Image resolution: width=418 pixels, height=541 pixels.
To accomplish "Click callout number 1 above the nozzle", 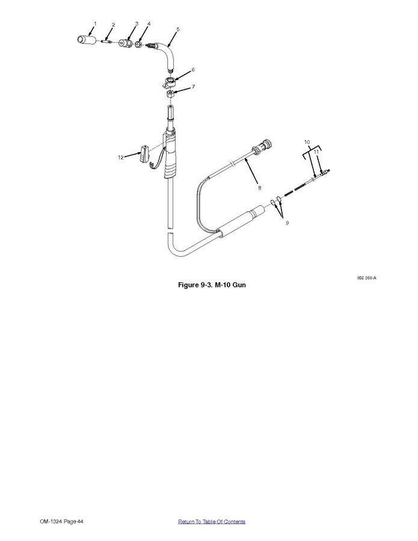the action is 95,23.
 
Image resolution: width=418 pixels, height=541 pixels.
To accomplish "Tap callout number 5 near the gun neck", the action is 178,29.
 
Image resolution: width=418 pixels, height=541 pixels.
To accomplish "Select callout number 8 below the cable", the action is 260,188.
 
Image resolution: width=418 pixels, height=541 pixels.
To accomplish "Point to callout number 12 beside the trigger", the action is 121,157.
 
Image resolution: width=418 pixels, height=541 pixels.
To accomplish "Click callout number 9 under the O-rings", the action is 287,223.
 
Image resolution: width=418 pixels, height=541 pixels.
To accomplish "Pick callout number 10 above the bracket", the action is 307,142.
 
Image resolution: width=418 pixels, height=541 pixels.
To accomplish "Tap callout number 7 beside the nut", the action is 193,87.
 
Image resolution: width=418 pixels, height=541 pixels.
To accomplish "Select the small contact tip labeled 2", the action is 106,42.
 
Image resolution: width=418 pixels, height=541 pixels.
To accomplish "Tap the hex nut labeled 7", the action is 170,94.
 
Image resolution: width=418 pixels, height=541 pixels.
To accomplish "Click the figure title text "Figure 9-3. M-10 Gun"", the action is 212,285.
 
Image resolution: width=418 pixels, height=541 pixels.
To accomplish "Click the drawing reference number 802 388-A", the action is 367,278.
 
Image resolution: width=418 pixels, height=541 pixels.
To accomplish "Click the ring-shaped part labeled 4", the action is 138,45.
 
